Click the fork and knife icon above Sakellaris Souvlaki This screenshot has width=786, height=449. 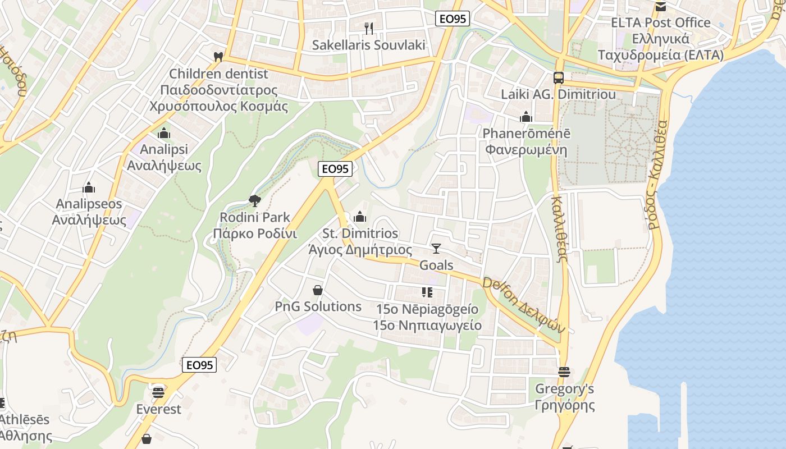pos(369,28)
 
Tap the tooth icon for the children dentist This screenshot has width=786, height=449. pos(218,57)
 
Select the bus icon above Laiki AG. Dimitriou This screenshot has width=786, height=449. pos(559,78)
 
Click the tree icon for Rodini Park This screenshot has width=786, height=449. pos(255,200)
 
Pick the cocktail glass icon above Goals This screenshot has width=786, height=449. pos(436,248)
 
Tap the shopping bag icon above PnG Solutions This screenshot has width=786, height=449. pos(318,290)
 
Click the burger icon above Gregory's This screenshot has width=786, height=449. pos(564,372)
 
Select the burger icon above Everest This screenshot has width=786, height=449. pos(158,392)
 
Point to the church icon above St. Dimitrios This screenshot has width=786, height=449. pos(360,217)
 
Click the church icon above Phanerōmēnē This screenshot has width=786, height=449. pos(526,117)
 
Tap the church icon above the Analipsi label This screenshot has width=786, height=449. pos(164,133)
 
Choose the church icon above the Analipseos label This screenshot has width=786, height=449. pos(89,187)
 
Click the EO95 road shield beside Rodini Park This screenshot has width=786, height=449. pos(335,168)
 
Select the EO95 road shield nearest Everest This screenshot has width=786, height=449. pos(199,365)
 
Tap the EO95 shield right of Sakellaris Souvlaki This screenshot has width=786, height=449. pos(453,19)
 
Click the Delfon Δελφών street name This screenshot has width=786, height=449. pos(523,305)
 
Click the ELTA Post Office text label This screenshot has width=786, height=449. pos(661,23)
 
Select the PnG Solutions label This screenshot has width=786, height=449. pos(318,306)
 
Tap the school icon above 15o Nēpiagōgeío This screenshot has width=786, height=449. pos(427,292)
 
